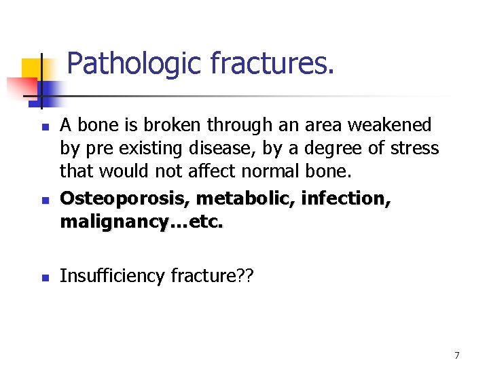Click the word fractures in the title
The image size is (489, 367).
click(272, 64)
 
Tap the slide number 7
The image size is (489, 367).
click(457, 355)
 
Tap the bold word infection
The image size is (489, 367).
click(346, 198)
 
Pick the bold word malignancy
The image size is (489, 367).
click(108, 222)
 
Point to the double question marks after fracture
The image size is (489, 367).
click(243, 276)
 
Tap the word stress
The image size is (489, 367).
click(416, 148)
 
